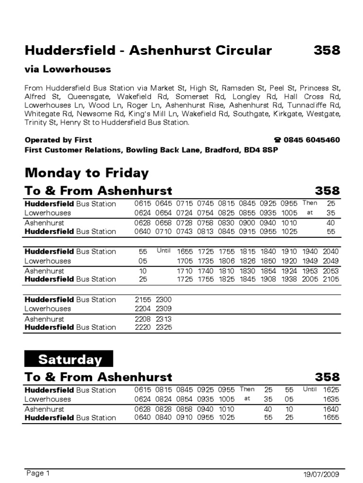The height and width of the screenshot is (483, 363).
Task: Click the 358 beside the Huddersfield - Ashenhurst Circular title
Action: pos(327,50)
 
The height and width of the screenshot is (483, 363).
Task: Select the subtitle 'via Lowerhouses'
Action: pos(68,69)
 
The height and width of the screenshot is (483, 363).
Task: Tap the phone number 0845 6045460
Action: pos(311,140)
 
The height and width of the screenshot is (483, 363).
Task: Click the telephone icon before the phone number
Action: pos(277,140)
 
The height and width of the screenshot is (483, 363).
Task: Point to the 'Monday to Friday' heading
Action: pos(86,173)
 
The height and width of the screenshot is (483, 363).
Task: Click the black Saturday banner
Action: pos(69,359)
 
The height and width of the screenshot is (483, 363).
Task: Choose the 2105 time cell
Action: pos(330,279)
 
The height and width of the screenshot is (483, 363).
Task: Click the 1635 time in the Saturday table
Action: pos(330,399)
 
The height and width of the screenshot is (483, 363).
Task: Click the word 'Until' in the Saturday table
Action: pos(310,390)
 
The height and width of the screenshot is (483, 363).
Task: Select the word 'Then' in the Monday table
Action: pos(310,203)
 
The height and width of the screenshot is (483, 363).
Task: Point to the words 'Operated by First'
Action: pos(58,140)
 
